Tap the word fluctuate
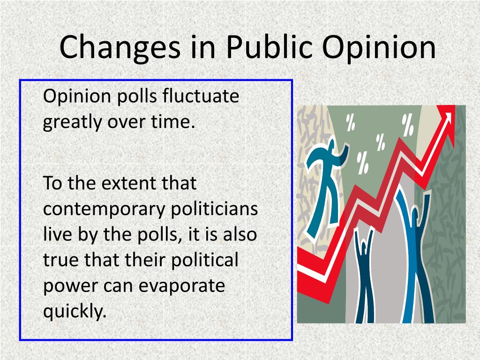tap(202, 97)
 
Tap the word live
tap(57, 233)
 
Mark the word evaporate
tap(181, 285)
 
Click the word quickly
tap(74, 311)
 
